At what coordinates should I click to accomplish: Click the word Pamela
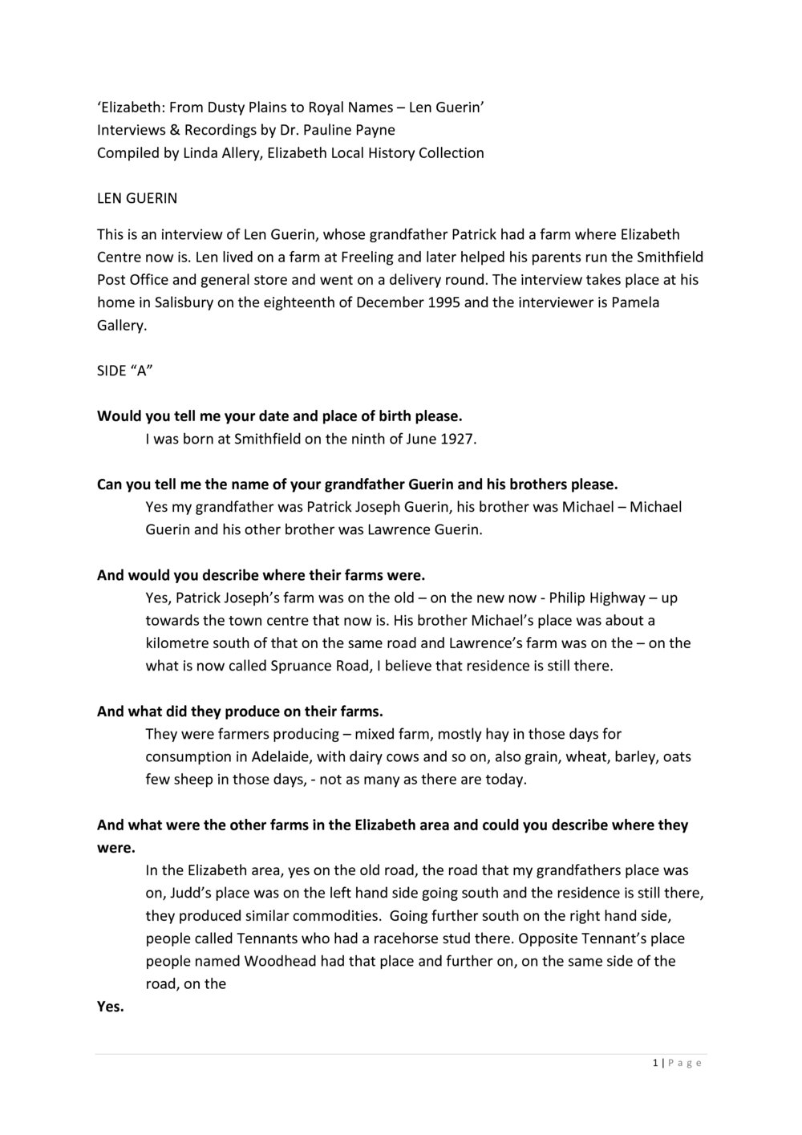tap(638, 302)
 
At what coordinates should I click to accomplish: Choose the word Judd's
tap(165, 893)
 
